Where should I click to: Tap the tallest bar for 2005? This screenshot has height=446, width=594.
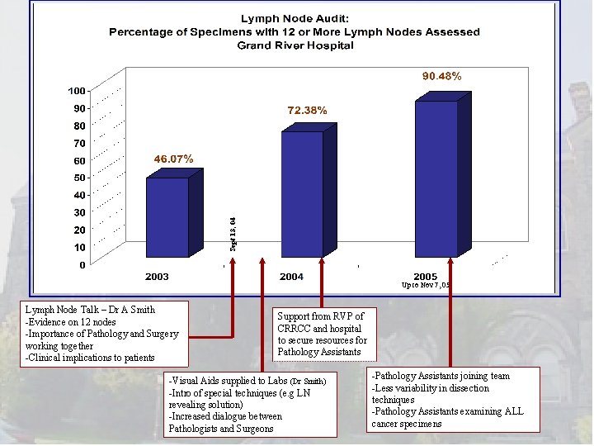pos(436,178)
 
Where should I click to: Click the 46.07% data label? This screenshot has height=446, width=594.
pos(171,159)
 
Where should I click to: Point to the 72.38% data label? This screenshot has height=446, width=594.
pos(307,110)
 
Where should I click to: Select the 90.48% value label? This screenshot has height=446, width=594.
pos(441,76)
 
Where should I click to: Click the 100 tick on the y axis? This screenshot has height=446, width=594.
pos(77,90)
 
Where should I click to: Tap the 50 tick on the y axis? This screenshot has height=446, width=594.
pos(79,178)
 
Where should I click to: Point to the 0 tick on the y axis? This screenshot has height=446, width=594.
pos(82,265)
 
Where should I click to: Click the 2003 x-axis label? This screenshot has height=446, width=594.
pos(158,276)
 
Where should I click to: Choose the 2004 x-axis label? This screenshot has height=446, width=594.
pos(291,276)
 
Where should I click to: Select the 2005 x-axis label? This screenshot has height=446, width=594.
pos(426,276)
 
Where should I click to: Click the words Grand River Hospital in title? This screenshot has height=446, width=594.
pos(295,45)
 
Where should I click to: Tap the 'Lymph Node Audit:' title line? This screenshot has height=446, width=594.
pos(295,18)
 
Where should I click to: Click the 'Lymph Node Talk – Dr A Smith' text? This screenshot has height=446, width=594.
pos(91,310)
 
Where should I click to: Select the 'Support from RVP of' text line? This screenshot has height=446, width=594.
pos(320,316)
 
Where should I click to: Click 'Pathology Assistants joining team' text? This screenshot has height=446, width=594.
pos(441,376)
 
